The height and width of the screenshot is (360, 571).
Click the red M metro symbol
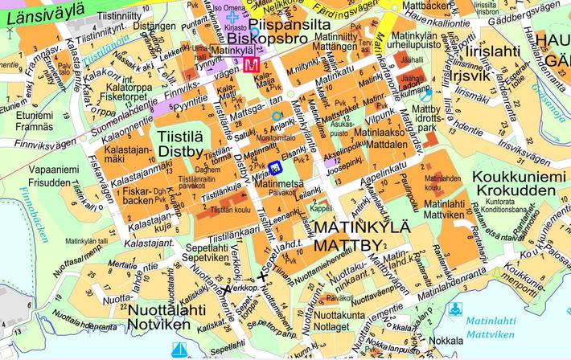click(254, 64)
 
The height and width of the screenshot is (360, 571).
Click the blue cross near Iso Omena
click(233, 16)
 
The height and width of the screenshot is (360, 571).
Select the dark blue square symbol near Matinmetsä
click(275, 167)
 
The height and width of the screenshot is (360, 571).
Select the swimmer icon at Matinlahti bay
click(458, 309)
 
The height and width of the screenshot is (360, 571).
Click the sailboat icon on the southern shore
click(180, 350)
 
